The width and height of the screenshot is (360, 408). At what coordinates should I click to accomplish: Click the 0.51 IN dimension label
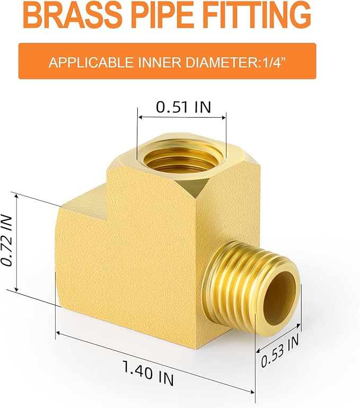[x=183, y=107]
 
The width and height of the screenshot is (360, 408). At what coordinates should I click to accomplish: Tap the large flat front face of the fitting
[x=133, y=265]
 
